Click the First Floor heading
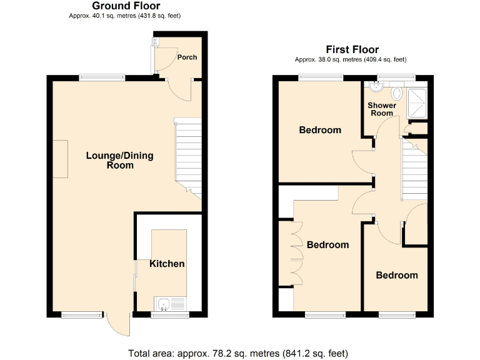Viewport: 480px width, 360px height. [352, 49]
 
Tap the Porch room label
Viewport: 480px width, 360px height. [187, 57]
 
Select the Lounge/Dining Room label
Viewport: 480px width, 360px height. [119, 161]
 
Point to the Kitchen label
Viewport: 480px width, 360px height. [167, 264]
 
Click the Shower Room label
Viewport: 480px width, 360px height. [381, 109]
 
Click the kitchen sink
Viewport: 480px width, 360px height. [164, 304]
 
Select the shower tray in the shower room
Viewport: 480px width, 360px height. [417, 102]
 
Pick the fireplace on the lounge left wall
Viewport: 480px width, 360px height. [60, 159]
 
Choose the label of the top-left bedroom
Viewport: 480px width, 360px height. [320, 130]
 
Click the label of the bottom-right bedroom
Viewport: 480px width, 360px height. [396, 275]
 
